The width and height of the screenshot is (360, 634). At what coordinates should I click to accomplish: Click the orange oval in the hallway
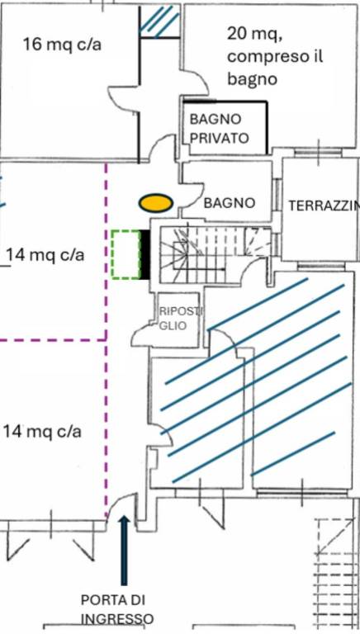(x=155, y=201)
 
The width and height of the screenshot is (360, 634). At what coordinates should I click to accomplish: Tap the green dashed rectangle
(x=126, y=254)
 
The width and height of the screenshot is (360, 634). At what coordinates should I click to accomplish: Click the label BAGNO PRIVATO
(x=219, y=129)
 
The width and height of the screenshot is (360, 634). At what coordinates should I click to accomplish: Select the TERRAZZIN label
(x=324, y=204)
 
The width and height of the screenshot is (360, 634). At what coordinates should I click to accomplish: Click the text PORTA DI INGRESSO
(x=116, y=609)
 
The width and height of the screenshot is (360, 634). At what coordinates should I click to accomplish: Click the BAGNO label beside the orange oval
(x=229, y=201)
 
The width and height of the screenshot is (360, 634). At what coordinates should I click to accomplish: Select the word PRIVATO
(x=219, y=138)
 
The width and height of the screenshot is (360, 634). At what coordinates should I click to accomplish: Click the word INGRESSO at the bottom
(x=116, y=618)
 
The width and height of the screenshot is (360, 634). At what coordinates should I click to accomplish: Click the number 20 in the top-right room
(x=237, y=33)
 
